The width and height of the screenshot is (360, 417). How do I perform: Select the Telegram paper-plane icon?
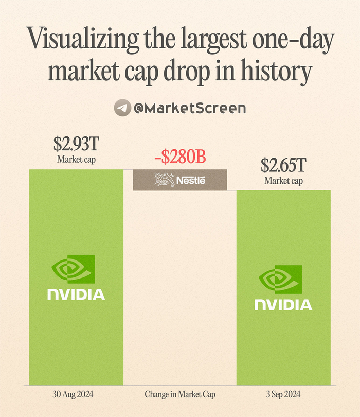pyautogui.click(x=121, y=108)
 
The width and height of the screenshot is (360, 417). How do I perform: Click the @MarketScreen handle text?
pyautogui.click(x=189, y=108)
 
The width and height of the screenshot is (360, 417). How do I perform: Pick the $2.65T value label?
pyautogui.click(x=283, y=166)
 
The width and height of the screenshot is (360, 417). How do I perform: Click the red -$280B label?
pyautogui.click(x=179, y=157)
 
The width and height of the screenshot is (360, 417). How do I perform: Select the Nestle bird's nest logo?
pyautogui.click(x=164, y=180)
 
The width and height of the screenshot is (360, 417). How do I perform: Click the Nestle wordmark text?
pyautogui.click(x=191, y=181)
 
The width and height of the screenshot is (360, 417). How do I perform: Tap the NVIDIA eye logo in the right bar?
pyautogui.click(x=281, y=280)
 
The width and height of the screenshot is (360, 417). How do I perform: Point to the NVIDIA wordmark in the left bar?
pyautogui.click(x=76, y=294)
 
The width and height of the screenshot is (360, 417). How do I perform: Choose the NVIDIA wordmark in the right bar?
pyautogui.click(x=283, y=305)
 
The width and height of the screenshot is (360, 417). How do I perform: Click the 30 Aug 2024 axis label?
pyautogui.click(x=76, y=394)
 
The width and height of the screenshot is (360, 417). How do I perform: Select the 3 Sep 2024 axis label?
pyautogui.click(x=283, y=394)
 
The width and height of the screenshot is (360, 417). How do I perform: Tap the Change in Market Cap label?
pyautogui.click(x=179, y=394)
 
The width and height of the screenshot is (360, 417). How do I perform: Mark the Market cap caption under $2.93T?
pyautogui.click(x=76, y=159)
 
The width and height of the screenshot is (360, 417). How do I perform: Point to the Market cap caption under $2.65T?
pyautogui.click(x=283, y=181)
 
